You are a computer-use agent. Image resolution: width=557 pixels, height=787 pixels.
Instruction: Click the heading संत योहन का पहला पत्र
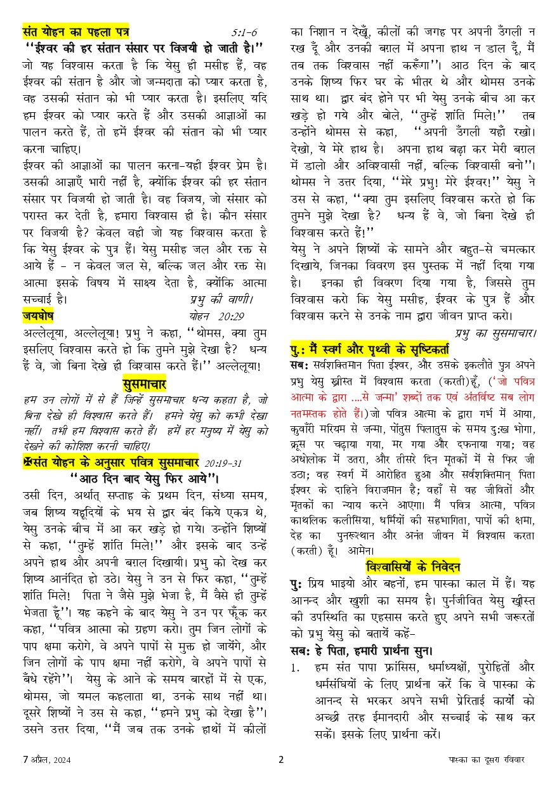[x=75, y=30]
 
